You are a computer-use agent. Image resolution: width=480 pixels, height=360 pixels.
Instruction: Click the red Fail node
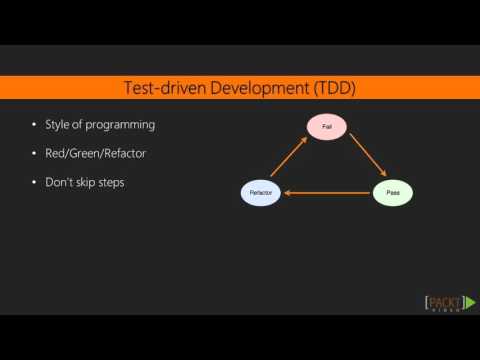326,127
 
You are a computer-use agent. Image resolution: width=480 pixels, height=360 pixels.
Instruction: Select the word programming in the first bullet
122,125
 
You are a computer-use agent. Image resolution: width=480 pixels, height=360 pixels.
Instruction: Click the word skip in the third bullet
88,183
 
